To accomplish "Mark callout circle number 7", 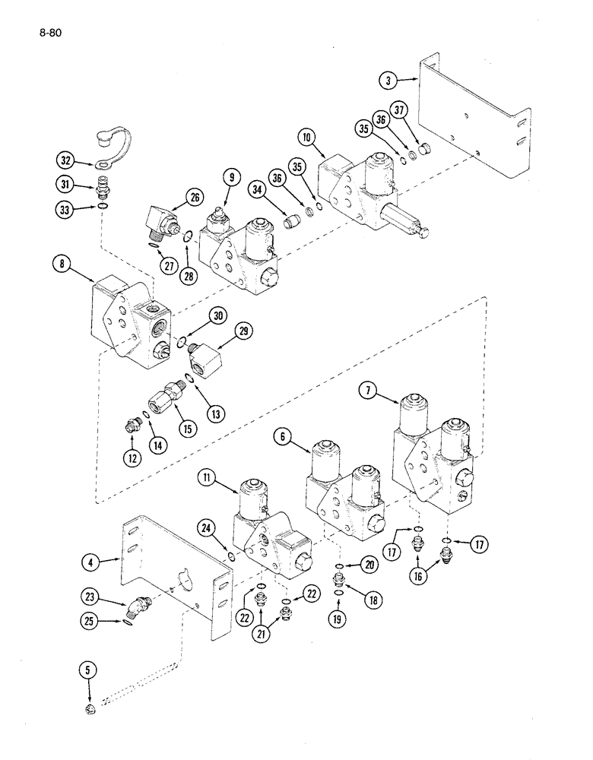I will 369,392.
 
